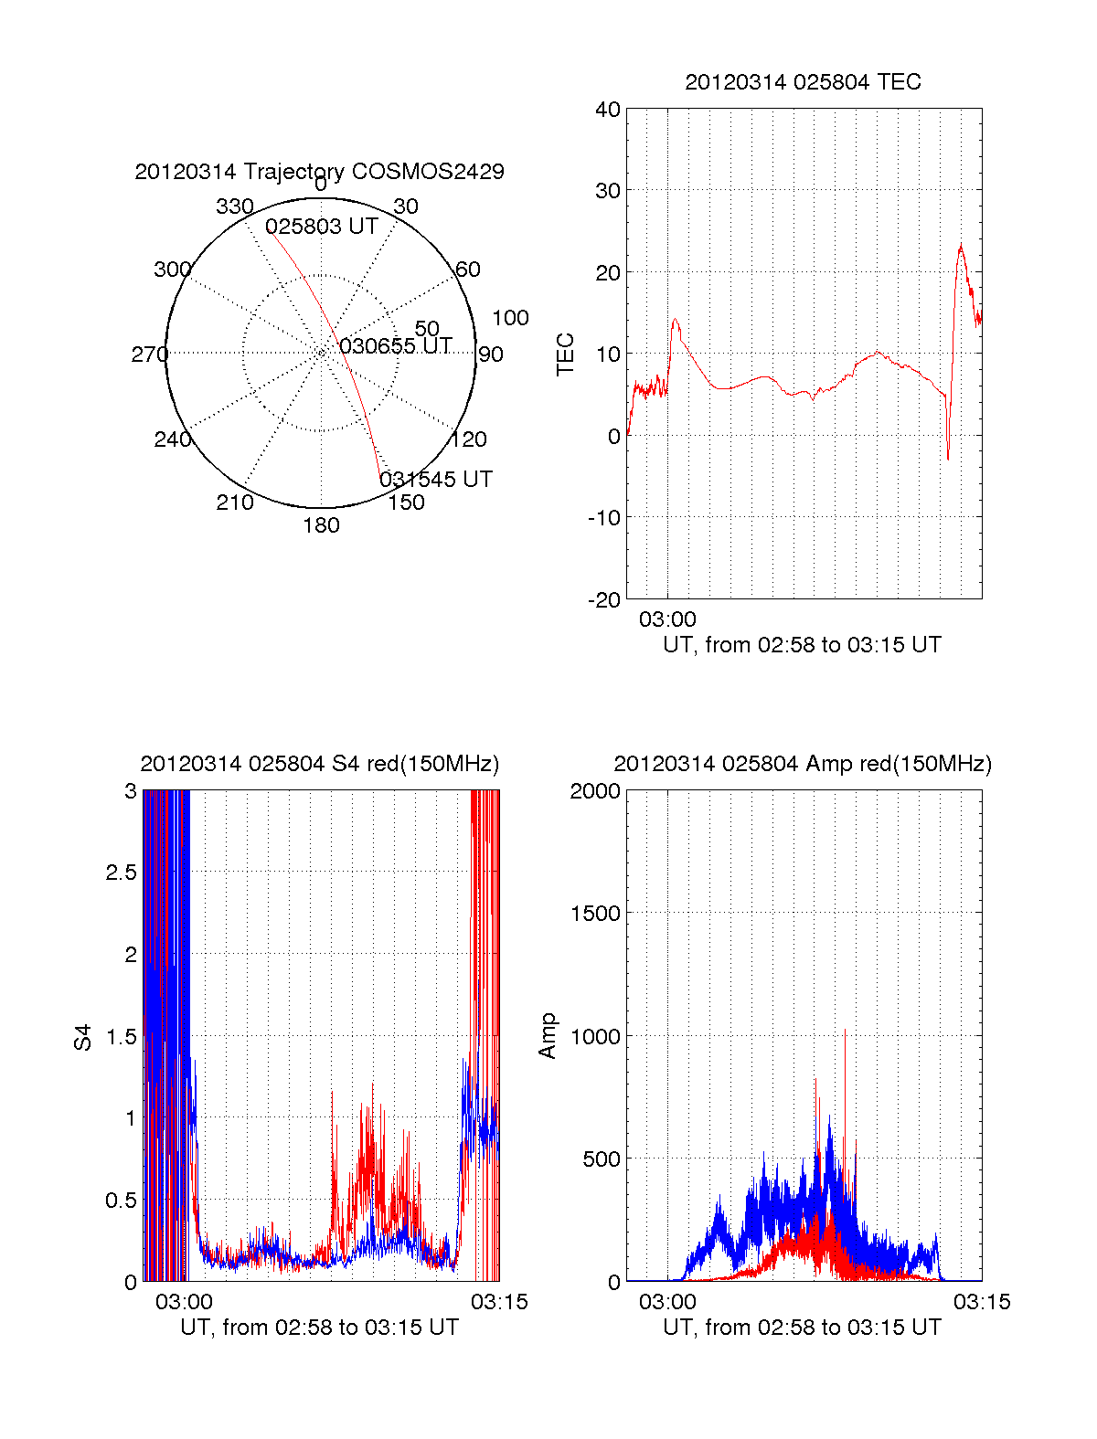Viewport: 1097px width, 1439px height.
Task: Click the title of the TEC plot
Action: click(803, 82)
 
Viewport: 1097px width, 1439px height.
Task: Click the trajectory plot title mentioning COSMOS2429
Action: click(319, 172)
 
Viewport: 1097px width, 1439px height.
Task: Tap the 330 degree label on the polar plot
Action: click(234, 206)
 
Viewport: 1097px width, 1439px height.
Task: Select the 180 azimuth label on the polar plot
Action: click(321, 525)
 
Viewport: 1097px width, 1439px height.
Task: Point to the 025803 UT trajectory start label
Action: click(322, 227)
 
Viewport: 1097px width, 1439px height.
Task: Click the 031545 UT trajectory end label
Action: click(436, 480)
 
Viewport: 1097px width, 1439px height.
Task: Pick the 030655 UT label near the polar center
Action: click(396, 346)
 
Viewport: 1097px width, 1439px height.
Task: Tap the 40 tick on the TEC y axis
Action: click(608, 110)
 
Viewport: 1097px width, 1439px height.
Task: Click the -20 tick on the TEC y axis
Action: click(604, 599)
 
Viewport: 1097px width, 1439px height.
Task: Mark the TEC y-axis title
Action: click(566, 354)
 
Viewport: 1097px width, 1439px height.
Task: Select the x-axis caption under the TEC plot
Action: click(802, 645)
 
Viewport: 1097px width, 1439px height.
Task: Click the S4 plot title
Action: click(319, 764)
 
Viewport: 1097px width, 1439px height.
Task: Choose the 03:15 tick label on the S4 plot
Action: click(499, 1302)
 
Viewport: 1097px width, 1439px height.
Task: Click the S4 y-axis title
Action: click(83, 1037)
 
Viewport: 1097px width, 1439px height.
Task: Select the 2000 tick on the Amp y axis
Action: click(595, 791)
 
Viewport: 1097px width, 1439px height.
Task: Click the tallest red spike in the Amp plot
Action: click(845, 1030)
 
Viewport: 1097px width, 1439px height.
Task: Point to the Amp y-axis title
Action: click(548, 1036)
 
